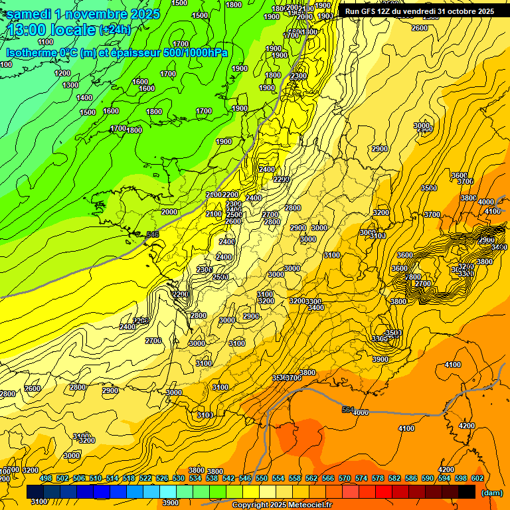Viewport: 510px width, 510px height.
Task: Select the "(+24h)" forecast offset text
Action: point(115,30)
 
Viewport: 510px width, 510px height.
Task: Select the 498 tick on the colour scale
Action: point(46,478)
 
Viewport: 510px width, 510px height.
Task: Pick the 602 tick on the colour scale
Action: point(477,478)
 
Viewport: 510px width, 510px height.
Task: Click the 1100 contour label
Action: point(45,42)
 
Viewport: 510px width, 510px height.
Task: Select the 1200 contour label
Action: point(62,73)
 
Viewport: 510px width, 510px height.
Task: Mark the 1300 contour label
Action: point(70,85)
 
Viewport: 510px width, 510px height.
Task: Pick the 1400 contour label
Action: point(84,98)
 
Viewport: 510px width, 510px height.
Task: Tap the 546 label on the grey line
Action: point(152,234)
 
